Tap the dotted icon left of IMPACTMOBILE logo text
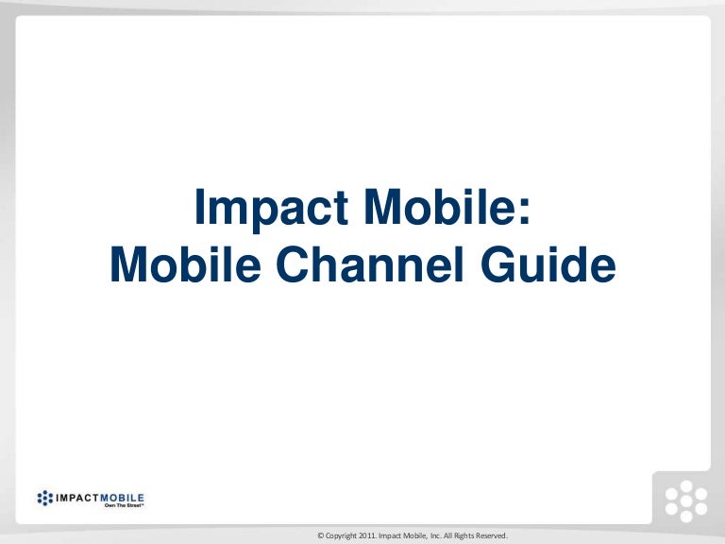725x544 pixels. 45,498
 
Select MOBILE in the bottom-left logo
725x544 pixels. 124,497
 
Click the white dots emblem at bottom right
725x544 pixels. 684,501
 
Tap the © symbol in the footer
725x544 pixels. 321,536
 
